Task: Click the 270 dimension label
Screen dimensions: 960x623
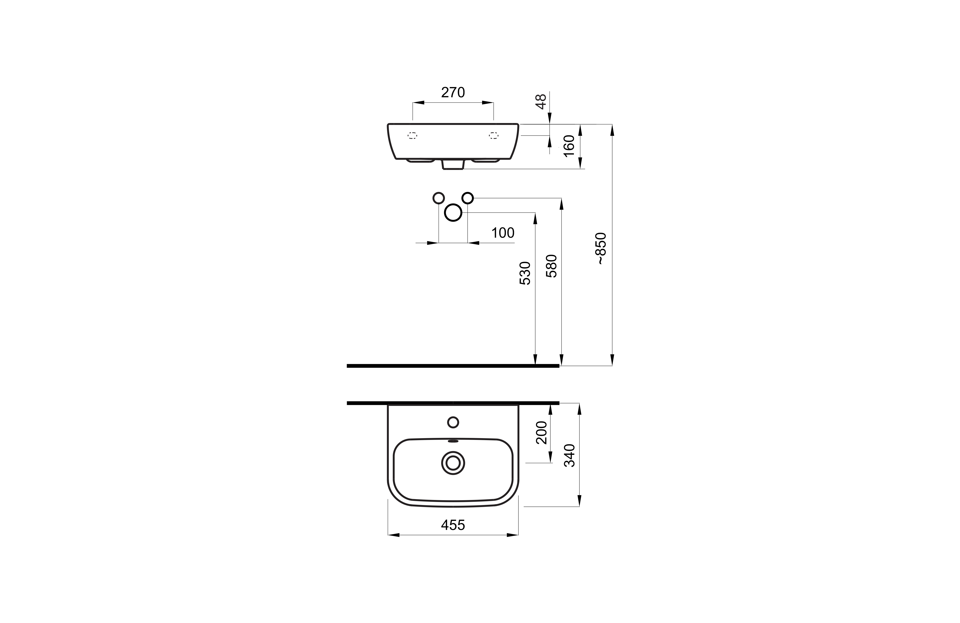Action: (453, 93)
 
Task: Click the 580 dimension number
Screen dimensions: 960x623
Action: (551, 266)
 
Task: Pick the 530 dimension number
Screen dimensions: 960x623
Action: (525, 273)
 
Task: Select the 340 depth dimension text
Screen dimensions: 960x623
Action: (569, 455)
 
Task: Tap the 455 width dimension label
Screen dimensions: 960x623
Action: (453, 525)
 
